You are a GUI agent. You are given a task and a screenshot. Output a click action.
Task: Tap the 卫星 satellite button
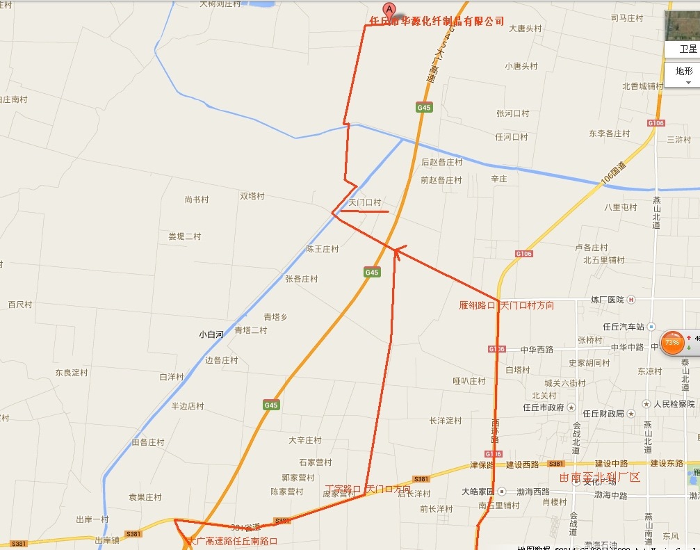pos(687,49)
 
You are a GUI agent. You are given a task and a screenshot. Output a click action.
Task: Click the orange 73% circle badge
pos(672,343)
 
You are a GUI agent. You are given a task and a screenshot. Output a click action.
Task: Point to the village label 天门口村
pos(365,202)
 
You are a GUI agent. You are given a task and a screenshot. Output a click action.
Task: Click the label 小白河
pos(211,334)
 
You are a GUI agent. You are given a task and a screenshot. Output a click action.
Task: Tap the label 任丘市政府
pos(544,407)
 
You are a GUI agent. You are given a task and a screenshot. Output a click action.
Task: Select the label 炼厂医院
pos(608,300)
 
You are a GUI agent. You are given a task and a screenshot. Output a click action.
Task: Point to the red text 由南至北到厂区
pos(599,478)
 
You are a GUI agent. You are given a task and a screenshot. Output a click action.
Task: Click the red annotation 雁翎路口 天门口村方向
pos(507,305)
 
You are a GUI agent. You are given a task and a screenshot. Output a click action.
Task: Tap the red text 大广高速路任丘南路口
pos(231,540)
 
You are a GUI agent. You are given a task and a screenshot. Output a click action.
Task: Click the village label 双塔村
pos(252,196)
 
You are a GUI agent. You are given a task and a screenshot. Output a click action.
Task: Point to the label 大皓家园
pos(478,492)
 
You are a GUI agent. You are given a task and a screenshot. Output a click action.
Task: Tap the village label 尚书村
pos(197,200)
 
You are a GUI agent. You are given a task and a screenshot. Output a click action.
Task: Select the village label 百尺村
pos(20,305)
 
